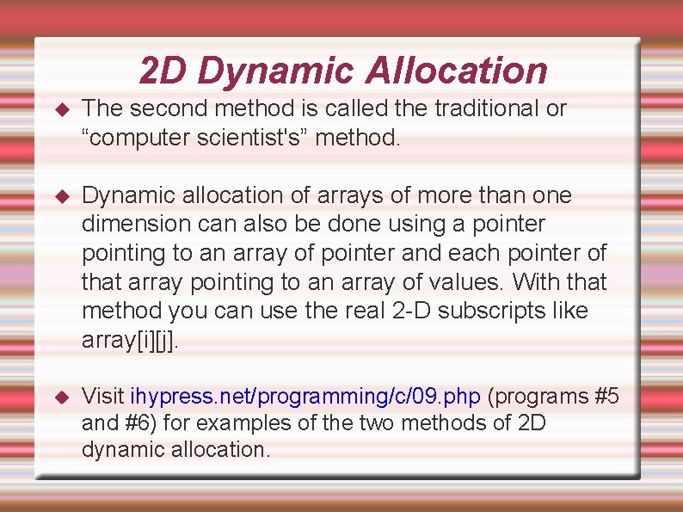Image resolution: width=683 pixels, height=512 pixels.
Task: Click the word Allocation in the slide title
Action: pos(456,71)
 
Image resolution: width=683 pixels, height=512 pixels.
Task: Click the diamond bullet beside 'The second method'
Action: pos(60,109)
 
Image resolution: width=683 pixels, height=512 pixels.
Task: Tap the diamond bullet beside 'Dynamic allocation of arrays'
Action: pos(60,196)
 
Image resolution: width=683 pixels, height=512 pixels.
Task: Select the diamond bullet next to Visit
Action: pos(60,397)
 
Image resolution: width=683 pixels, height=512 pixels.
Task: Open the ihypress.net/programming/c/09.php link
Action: pos(305,396)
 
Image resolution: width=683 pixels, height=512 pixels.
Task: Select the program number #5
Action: pos(606,396)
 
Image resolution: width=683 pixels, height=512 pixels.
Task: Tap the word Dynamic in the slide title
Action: pos(275,71)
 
